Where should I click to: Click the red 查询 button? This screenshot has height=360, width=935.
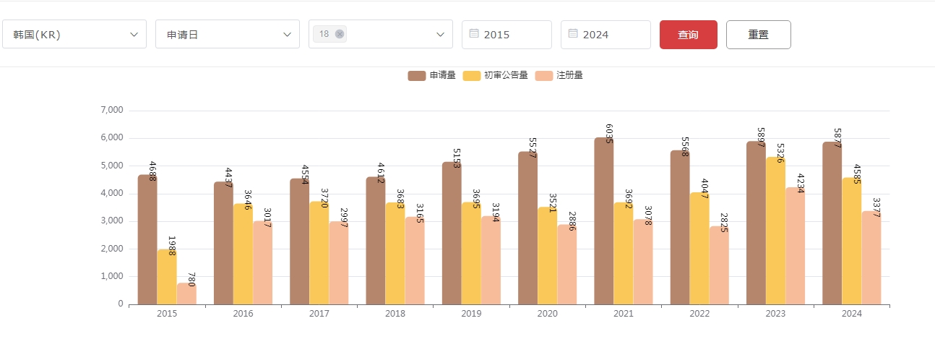[688, 35]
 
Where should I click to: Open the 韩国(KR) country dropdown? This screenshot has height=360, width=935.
[74, 35]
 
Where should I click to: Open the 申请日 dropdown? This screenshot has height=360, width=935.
[227, 35]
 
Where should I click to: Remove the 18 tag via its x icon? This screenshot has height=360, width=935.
[340, 34]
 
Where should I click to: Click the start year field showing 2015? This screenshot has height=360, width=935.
[507, 35]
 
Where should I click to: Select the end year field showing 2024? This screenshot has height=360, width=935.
[606, 35]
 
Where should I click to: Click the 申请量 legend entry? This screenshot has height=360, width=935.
[431, 75]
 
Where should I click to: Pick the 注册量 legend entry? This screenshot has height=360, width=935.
[559, 75]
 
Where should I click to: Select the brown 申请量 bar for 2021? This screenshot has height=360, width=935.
[604, 220]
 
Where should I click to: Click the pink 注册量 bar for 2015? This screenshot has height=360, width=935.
[186, 293]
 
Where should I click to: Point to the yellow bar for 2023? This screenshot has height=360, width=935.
[776, 231]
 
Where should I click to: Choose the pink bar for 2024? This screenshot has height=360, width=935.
[871, 257]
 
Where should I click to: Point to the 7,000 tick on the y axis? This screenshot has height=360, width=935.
[111, 110]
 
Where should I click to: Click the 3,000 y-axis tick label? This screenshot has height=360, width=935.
[111, 220]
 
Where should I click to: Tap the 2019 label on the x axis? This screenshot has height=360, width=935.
[471, 314]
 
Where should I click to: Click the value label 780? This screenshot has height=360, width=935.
[191, 280]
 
